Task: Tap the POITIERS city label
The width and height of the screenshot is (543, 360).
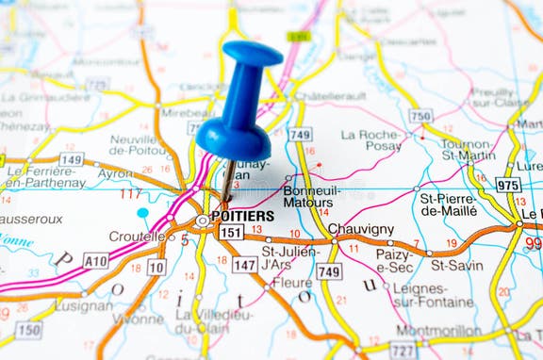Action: [x=244, y=216]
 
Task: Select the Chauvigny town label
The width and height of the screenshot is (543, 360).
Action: [x=361, y=229]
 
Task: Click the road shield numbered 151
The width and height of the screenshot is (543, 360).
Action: [x=231, y=232]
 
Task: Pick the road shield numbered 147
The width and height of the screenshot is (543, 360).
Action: [x=245, y=265]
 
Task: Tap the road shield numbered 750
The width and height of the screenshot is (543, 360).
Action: [x=420, y=116]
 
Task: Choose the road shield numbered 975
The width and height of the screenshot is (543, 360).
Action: [x=508, y=185]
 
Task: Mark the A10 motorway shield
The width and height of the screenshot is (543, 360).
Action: [x=94, y=261]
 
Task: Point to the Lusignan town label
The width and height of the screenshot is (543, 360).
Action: [x=84, y=305]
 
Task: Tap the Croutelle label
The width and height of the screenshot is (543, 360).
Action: [x=138, y=236]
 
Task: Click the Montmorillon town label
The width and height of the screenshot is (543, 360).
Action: [x=439, y=331]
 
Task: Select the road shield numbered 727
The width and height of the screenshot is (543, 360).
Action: [x=403, y=351]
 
